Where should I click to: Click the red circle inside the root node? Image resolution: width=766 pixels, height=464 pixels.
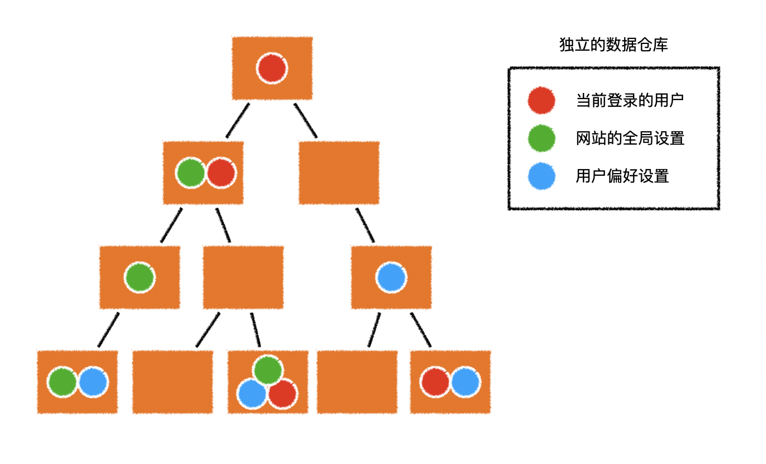272,69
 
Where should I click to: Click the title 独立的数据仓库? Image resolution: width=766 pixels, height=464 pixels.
613,45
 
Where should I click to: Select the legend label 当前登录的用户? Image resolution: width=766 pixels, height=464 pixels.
630,101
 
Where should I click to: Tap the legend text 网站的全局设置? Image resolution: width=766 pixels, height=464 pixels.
630,138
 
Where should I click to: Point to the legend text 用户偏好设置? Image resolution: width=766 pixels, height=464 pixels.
622,176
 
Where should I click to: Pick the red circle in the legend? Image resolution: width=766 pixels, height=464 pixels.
541,101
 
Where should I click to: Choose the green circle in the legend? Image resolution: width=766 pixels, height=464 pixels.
541,139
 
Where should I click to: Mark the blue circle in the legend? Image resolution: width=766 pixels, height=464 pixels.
541,176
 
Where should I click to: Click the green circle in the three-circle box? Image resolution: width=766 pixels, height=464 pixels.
268,369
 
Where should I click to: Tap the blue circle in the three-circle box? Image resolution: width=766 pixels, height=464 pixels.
252,394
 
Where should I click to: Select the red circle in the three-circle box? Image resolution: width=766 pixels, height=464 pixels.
282,394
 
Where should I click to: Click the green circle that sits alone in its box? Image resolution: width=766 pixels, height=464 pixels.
139,278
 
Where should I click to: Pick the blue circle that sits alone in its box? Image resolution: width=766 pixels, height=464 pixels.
391,278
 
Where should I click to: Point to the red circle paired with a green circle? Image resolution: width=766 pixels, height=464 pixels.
221,172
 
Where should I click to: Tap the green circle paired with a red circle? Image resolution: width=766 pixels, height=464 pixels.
191,172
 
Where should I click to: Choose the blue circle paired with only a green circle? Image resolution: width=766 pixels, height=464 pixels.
93,382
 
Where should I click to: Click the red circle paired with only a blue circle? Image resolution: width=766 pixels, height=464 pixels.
435,382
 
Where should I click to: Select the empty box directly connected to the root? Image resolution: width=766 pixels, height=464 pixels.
339,172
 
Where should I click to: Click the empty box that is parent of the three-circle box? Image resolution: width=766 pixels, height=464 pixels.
243,278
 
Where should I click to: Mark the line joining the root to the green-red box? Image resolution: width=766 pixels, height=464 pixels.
238,120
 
